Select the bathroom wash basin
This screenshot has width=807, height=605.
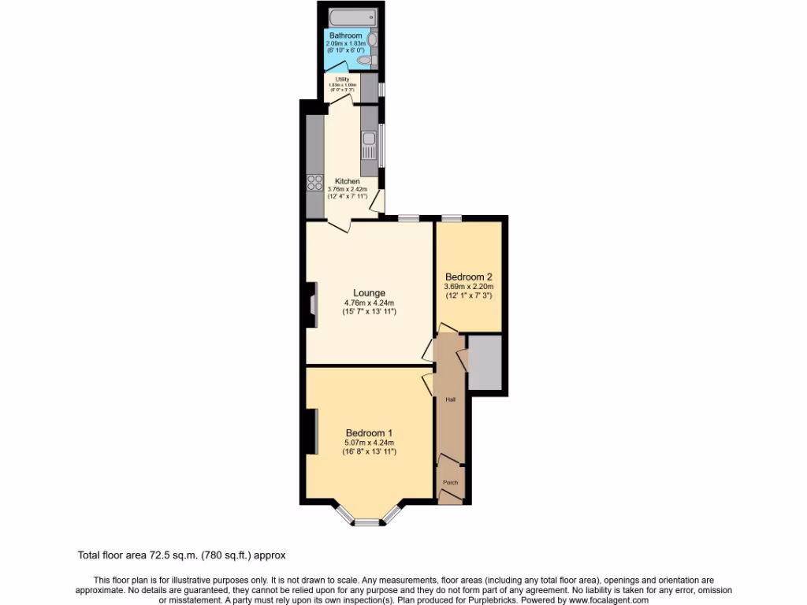[372, 39]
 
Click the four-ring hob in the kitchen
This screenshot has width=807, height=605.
[314, 182]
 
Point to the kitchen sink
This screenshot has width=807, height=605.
[369, 145]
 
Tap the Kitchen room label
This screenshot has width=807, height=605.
[348, 181]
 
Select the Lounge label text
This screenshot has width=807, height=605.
[370, 293]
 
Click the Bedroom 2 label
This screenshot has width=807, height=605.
[468, 277]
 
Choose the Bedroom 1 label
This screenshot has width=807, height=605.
[369, 432]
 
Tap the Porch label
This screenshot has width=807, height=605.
[450, 482]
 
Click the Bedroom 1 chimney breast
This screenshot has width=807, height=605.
[311, 432]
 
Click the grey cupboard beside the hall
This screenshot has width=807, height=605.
[485, 362]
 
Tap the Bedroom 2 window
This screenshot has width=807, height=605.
[451, 218]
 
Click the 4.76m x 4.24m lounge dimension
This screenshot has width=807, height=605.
[369, 303]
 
